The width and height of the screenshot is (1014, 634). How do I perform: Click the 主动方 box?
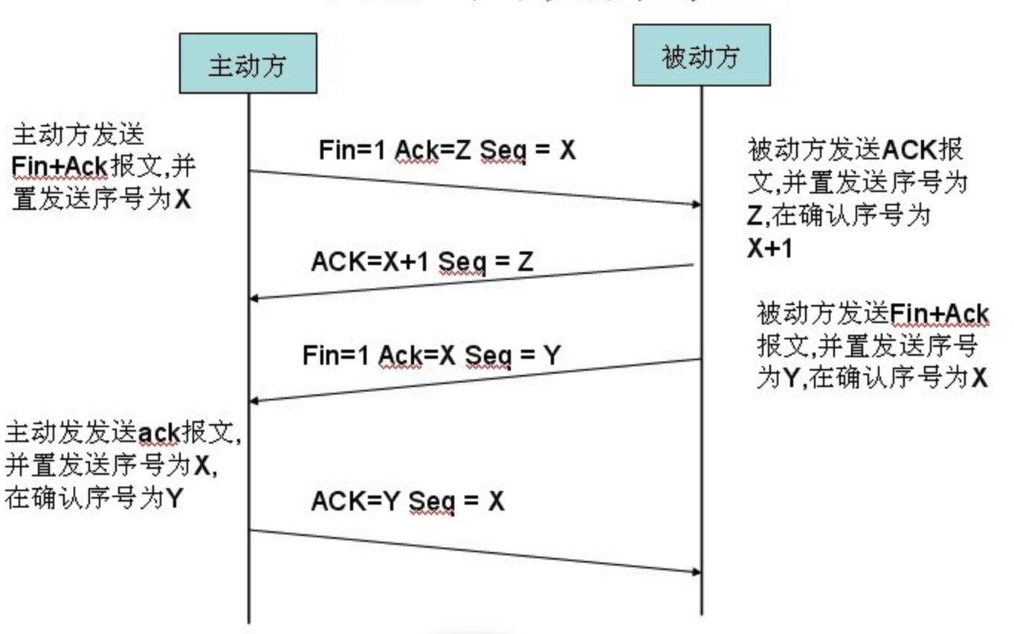(x=248, y=64)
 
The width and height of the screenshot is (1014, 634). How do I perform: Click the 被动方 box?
(x=701, y=56)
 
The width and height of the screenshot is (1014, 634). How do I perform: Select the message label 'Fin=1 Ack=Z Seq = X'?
(x=447, y=150)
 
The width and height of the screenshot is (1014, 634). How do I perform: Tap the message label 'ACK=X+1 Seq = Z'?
(x=422, y=261)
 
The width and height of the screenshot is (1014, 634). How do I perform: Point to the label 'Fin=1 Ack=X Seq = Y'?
(x=430, y=356)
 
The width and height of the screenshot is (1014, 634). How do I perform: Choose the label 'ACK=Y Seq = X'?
(x=407, y=501)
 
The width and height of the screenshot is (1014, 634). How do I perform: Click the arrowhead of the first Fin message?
(x=697, y=204)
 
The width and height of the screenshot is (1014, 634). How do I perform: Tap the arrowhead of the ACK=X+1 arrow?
(x=254, y=298)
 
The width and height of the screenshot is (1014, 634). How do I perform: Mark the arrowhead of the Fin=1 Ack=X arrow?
(x=254, y=400)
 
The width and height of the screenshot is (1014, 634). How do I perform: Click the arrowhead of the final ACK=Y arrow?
(x=697, y=572)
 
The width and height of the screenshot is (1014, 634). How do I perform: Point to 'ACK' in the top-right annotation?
(x=910, y=150)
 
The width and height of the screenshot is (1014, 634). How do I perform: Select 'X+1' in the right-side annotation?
(x=770, y=249)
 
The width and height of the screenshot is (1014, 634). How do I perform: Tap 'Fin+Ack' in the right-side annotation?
(x=940, y=313)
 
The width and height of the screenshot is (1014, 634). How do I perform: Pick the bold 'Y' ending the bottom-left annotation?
(x=172, y=498)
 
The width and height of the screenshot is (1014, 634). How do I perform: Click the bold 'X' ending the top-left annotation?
(x=183, y=200)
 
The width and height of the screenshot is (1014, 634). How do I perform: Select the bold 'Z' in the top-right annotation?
(x=754, y=216)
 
